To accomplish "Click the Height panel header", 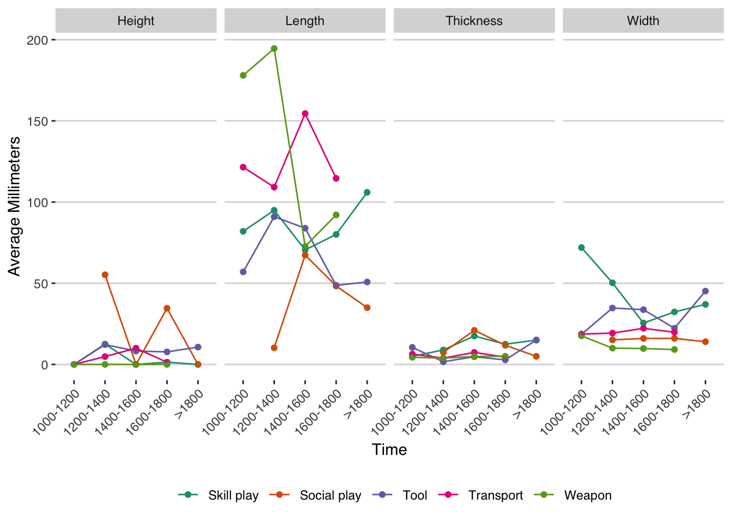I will (x=136, y=21).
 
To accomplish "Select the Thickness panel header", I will (x=474, y=21).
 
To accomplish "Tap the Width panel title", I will (x=643, y=21).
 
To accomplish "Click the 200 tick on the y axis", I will (x=38, y=40).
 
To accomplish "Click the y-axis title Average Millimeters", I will (x=14, y=206).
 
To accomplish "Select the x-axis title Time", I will (x=389, y=449).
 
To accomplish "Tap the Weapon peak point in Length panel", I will (x=274, y=48).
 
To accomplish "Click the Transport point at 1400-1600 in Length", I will (x=305, y=113).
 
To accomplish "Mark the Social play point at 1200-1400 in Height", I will (x=105, y=275).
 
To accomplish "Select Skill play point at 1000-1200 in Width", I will (x=581, y=247).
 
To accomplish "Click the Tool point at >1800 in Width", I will (x=705, y=291).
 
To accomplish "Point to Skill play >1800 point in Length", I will (x=367, y=192).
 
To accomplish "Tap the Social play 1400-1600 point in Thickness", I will (x=474, y=330).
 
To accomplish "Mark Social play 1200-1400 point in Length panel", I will (x=274, y=348).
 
